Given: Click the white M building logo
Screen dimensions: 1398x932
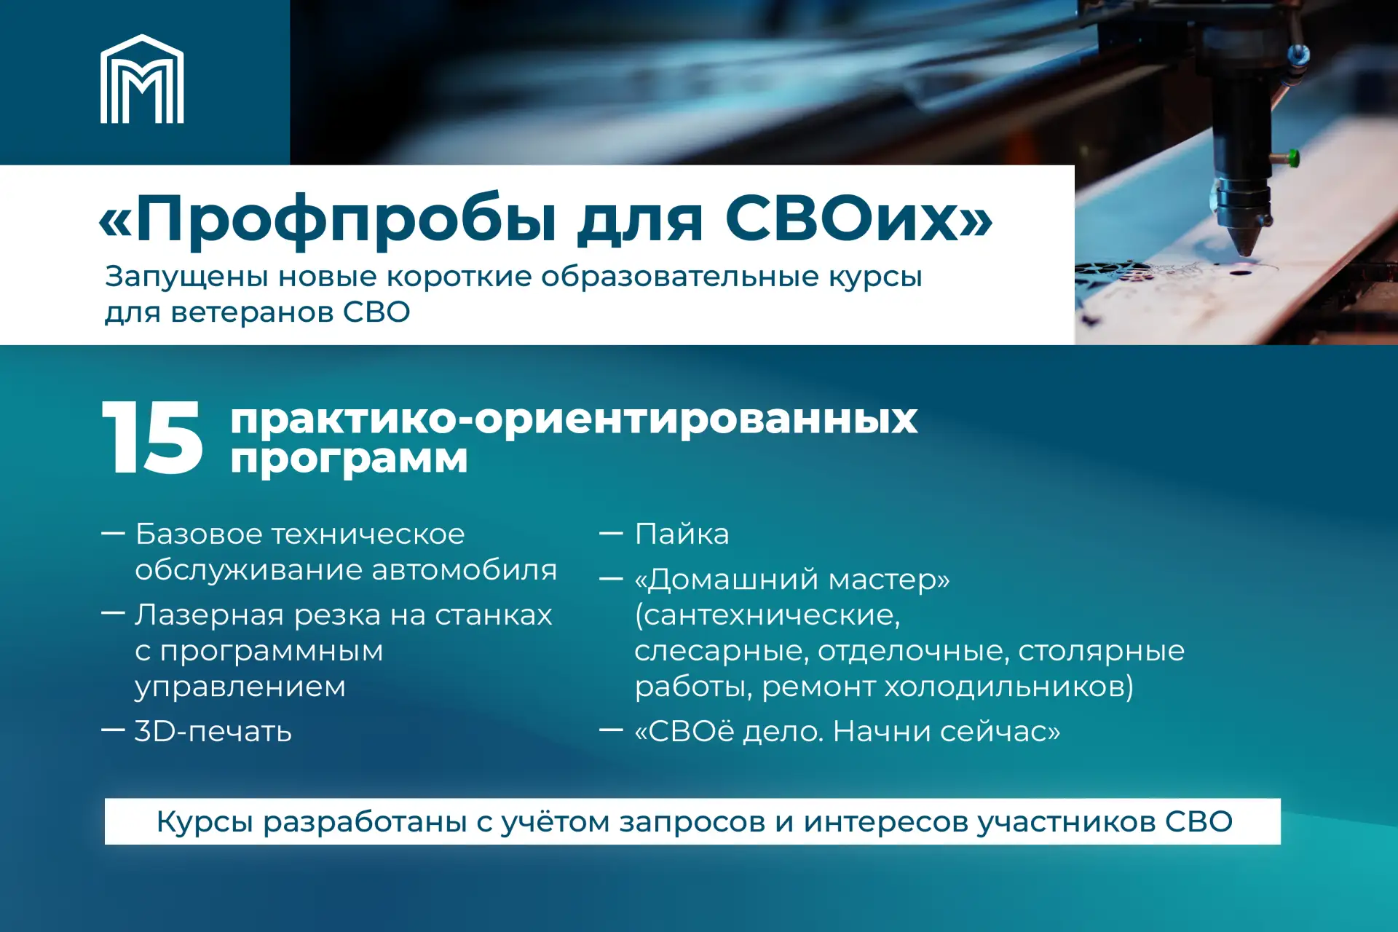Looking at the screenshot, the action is click(142, 79).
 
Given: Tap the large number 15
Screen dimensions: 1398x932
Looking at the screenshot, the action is click(152, 437).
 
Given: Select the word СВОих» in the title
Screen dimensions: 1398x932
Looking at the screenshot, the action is click(858, 218).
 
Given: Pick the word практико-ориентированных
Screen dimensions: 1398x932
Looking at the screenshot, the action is click(574, 421).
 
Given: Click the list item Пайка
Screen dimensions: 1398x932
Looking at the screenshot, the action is click(682, 534).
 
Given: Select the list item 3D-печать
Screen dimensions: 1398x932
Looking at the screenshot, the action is click(213, 731).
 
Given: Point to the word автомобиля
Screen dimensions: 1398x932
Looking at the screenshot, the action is click(465, 570).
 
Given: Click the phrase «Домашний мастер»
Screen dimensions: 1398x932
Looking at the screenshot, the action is click(792, 580).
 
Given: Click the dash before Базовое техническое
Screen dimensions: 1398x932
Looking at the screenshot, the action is click(113, 534).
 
